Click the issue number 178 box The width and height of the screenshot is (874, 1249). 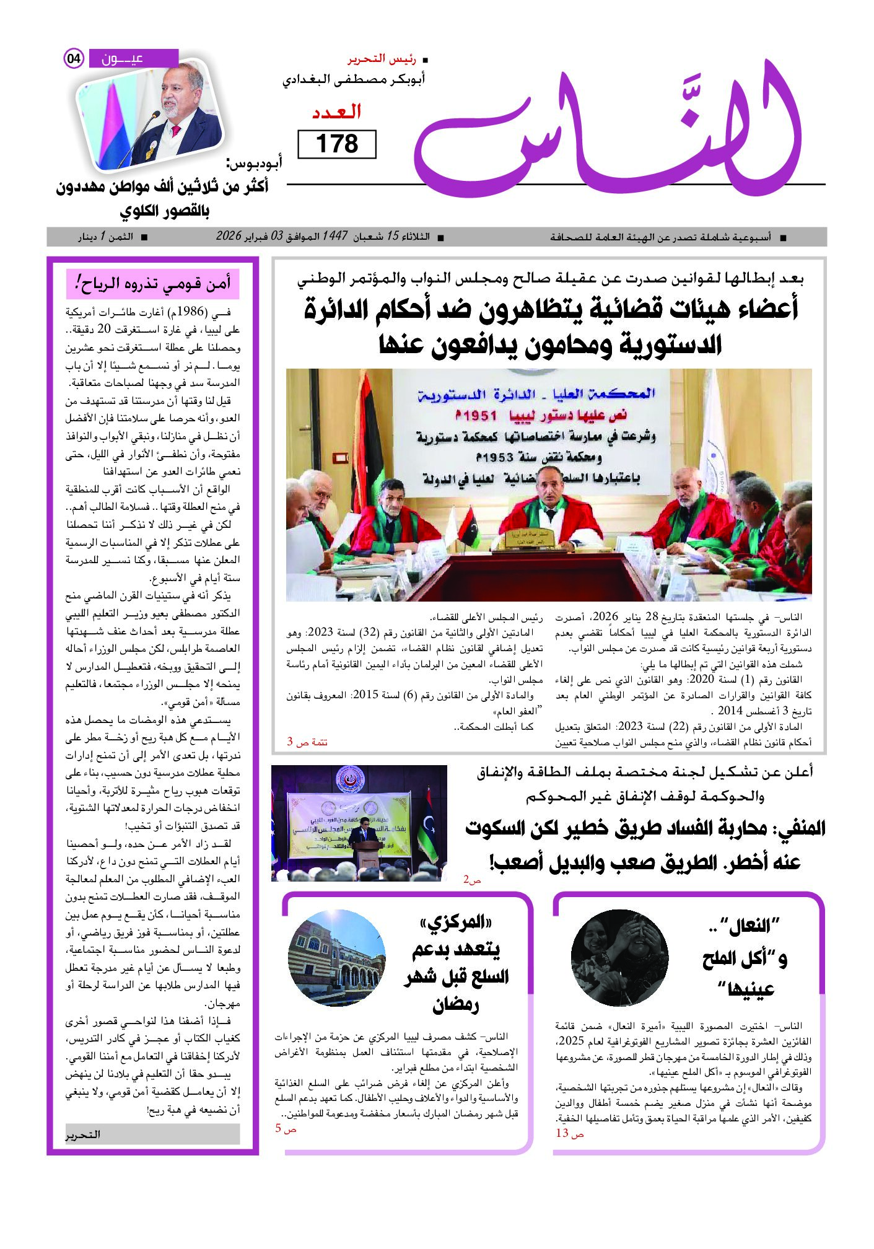click(337, 144)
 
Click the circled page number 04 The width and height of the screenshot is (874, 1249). click(74, 59)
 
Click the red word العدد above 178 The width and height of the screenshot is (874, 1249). click(336, 112)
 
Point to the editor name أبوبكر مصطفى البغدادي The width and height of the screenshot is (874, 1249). click(354, 80)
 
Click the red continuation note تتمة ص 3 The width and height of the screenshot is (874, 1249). click(307, 742)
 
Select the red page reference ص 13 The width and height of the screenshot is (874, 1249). click(570, 1133)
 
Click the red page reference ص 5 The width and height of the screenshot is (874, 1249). click(286, 1129)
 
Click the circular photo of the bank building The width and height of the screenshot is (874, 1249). click(336, 957)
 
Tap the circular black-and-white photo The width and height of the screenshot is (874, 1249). click(619, 958)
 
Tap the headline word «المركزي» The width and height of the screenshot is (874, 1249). click(456, 923)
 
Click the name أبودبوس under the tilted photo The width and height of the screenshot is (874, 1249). click(255, 164)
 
